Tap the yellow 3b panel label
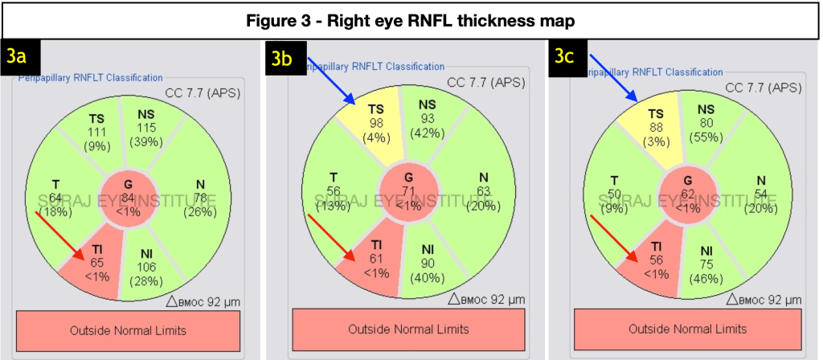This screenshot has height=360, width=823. point(285,56)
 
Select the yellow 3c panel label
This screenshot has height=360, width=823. point(567,57)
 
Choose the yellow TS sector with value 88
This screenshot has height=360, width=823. point(657,125)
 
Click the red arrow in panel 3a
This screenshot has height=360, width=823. point(60,235)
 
